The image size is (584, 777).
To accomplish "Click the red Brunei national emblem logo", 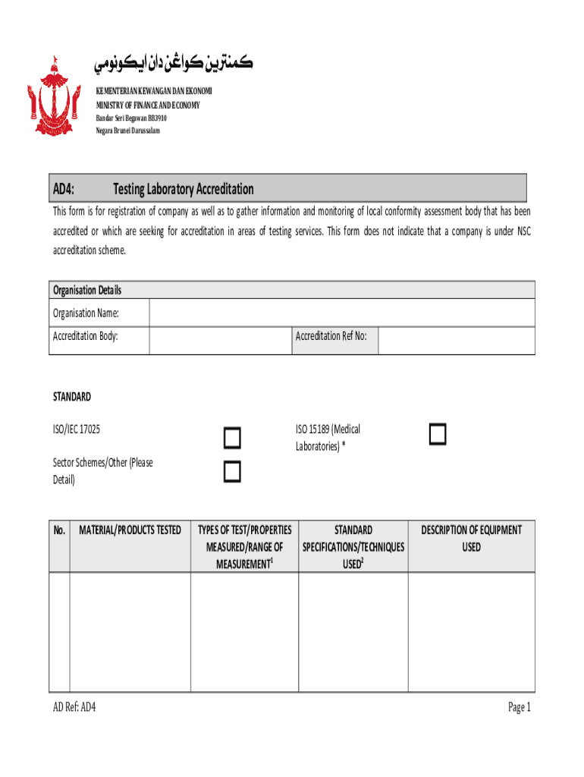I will point(54,97).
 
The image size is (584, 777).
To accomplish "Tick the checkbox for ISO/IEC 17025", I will point(232,439).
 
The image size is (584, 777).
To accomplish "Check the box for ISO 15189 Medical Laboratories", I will point(437,434).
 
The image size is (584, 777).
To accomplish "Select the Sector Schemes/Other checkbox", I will point(232,472).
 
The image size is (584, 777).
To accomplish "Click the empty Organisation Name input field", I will point(341,313).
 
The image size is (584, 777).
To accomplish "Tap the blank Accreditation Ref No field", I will point(456,340).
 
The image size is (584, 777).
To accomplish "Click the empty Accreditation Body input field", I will point(220,340).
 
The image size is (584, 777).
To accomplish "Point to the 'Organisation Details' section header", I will point(87,291).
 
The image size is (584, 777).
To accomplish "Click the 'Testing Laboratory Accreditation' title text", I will point(184,189).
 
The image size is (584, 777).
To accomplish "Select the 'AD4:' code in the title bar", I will point(68,189).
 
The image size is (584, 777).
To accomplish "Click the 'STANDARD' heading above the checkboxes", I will point(72,397).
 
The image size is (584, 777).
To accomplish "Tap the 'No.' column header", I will point(60,530).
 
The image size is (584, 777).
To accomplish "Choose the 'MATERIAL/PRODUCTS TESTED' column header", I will point(130,530).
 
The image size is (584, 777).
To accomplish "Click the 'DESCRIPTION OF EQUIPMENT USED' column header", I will point(471,538).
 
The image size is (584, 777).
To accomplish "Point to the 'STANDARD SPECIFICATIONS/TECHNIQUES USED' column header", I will point(353,546).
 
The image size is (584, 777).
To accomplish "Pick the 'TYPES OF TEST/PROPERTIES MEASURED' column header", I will point(244,546).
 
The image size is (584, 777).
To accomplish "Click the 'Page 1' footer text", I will point(520,707).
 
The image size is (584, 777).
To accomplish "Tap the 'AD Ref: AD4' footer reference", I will point(74,707).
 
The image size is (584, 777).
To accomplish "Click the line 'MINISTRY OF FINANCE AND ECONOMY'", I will point(147,105).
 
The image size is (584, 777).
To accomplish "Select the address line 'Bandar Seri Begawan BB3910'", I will point(130,118).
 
